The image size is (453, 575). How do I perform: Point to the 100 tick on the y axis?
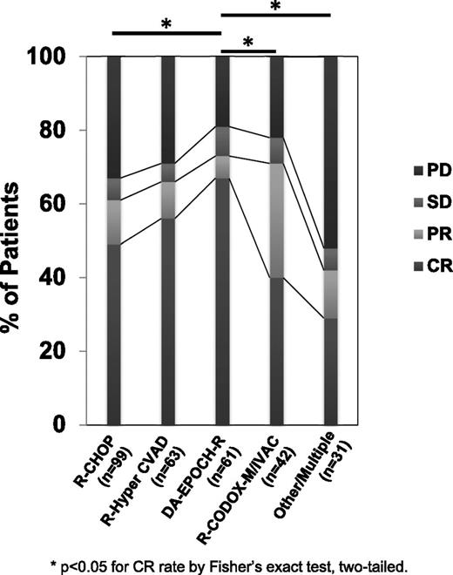pos(66,57)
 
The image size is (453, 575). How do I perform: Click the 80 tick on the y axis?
pos(71,131)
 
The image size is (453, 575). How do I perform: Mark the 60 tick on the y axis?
pos(71,204)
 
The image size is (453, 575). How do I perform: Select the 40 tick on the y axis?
pos(71,278)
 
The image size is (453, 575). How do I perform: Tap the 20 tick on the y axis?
pos(71,351)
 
